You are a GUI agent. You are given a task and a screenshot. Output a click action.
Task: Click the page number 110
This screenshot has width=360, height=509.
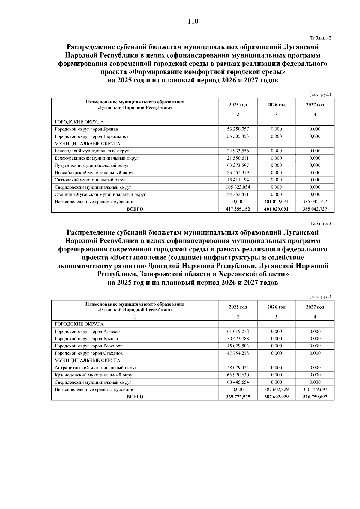pyautogui.click(x=193, y=21)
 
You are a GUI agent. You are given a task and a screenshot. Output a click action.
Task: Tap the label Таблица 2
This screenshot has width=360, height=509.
pyautogui.click(x=321, y=38)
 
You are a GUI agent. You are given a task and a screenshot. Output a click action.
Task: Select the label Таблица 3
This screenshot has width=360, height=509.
pyautogui.click(x=321, y=223)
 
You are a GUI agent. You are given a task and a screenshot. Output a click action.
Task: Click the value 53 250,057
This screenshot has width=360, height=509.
pyautogui.click(x=238, y=129)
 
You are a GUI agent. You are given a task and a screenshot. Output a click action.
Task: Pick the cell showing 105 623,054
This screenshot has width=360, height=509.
pyautogui.click(x=238, y=187)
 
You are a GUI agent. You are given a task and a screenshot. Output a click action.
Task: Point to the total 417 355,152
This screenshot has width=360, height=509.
pyautogui.click(x=238, y=209)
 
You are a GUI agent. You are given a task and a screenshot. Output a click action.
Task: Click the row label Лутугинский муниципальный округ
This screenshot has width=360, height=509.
pyautogui.click(x=92, y=166)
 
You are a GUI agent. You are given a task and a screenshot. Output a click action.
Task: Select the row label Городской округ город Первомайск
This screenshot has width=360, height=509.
pyautogui.click(x=91, y=136)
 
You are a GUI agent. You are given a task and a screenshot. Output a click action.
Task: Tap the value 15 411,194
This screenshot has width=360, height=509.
pyautogui.click(x=238, y=180)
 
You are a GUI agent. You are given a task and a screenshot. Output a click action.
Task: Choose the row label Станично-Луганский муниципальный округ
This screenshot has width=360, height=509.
pyautogui.click(x=100, y=194)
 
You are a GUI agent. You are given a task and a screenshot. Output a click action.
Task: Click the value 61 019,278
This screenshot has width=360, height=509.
pyautogui.click(x=238, y=331)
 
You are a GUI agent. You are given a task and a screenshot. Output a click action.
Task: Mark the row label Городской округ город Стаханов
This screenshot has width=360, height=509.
pyautogui.click(x=89, y=353)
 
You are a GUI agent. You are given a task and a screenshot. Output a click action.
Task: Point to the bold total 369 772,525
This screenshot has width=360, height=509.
pyautogui.click(x=238, y=397)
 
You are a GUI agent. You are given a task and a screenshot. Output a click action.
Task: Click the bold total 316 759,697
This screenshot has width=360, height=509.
pyautogui.click(x=315, y=397)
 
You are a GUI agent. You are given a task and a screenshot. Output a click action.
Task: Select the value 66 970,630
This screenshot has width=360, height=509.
pyautogui.click(x=238, y=375)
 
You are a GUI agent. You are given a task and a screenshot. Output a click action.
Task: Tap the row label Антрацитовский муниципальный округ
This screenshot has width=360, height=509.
pyautogui.click(x=96, y=368)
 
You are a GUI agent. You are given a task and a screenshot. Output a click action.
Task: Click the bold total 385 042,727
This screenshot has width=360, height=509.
pyautogui.click(x=315, y=209)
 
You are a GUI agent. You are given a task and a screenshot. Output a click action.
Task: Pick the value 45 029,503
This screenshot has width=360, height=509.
pyautogui.click(x=238, y=346)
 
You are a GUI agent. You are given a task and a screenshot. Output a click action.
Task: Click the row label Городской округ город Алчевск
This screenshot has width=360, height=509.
pyautogui.click(x=88, y=331)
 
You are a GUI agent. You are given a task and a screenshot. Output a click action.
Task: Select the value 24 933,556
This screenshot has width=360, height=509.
pyautogui.click(x=238, y=151)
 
